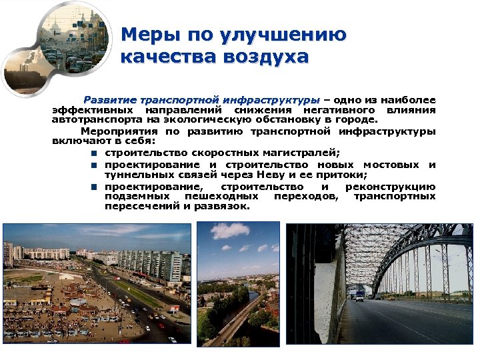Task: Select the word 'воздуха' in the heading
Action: pos(269,57)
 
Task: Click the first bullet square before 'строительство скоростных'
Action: pos(95,153)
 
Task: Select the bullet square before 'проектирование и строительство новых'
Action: pos(95,165)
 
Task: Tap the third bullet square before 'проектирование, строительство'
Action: pos(95,187)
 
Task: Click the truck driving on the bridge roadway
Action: pos(359,296)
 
